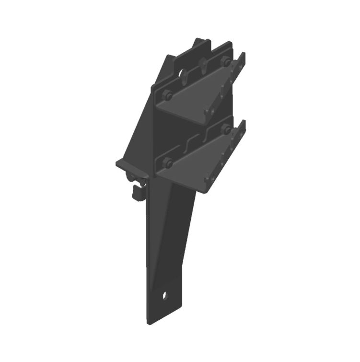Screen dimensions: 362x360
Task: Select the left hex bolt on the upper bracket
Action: [167, 95]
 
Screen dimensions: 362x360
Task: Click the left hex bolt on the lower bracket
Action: [167, 163]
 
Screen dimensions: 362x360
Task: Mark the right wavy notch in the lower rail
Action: [208, 132]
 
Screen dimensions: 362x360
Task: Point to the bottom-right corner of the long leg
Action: [184, 307]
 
